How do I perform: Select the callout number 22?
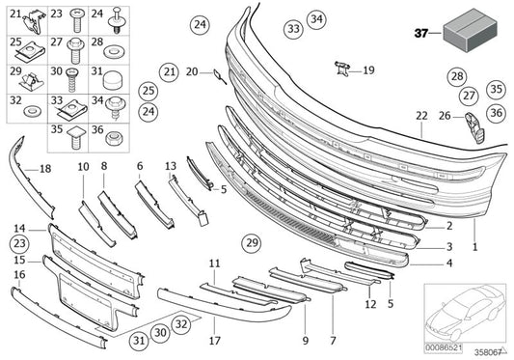tap(420, 116)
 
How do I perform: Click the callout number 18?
tap(44, 170)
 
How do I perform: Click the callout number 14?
tap(19, 228)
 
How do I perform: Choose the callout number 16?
tap(19, 275)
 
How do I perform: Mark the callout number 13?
tap(169, 166)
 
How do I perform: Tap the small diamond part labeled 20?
tap(217, 74)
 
